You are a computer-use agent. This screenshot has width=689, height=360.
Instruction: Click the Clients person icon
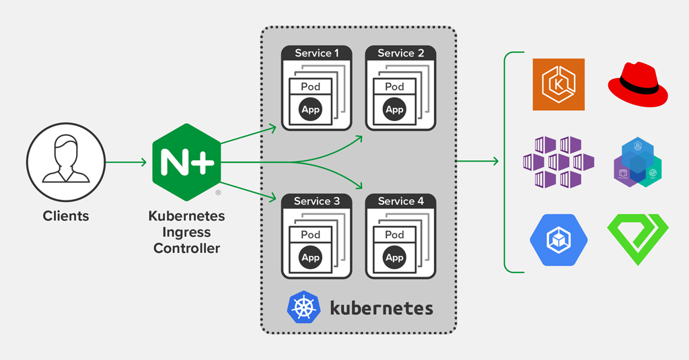point(66,162)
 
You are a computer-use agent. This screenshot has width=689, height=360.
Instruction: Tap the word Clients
point(66,216)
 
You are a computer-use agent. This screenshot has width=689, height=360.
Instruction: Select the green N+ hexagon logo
point(186,162)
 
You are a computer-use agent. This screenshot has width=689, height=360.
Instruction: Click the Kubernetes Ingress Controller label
point(186,232)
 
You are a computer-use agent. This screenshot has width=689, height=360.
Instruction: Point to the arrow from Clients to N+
point(126,162)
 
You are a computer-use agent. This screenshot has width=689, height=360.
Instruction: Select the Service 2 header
point(401,53)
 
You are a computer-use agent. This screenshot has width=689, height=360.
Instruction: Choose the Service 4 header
point(401,201)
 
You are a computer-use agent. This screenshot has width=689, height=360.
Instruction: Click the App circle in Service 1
point(310,109)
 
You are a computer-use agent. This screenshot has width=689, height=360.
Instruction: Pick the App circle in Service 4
point(394,257)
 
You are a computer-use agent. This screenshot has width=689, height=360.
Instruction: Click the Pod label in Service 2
point(394,87)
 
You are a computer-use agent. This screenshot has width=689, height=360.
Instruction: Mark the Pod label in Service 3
point(310,235)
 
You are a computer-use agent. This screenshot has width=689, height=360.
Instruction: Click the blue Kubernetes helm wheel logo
point(303,307)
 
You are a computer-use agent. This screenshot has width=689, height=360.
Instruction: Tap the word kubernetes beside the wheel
point(381,308)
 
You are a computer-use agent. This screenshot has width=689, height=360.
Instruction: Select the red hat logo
point(638,84)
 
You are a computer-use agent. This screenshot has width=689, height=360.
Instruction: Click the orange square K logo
point(558,84)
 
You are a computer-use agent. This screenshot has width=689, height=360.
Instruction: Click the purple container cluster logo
point(558,162)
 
